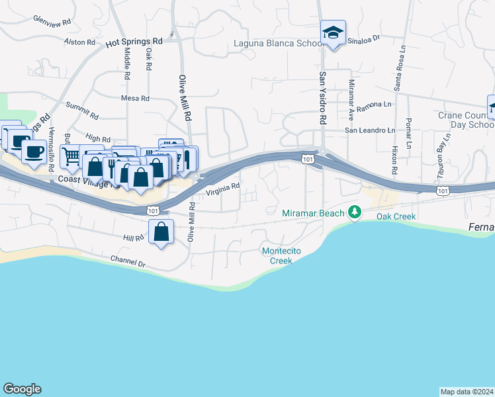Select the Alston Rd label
pos(80,42)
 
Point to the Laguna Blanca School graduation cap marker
pos(333,32)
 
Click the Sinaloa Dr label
pos(365,38)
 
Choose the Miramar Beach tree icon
pos(355,212)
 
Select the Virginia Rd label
pos(222,190)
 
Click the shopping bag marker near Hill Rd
pos(161,232)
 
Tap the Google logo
pos(22,389)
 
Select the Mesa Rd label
pos(135,98)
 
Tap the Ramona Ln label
pos(374,105)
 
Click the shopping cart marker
pos(71,156)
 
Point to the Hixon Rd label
pos(394,161)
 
